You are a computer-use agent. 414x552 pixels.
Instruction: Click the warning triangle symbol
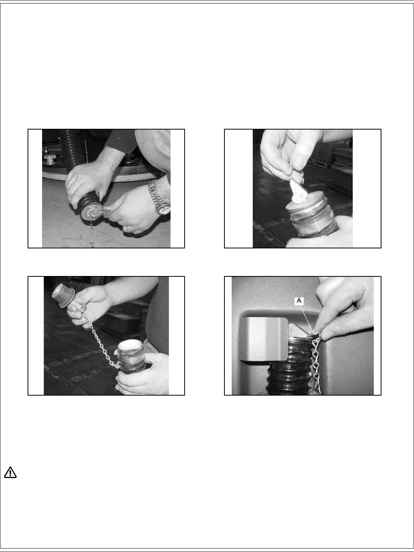(x=10, y=473)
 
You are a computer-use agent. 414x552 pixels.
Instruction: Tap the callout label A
(x=299, y=301)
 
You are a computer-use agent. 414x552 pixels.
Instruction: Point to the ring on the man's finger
(x=128, y=228)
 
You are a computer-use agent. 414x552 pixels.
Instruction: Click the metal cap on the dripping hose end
(x=92, y=213)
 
